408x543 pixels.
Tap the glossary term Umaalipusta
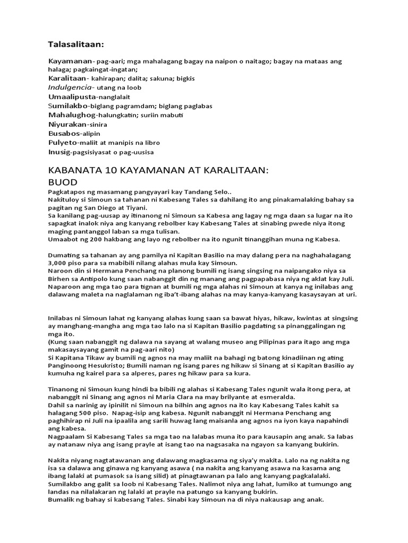click(72, 98)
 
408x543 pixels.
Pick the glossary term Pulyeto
click(62, 143)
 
